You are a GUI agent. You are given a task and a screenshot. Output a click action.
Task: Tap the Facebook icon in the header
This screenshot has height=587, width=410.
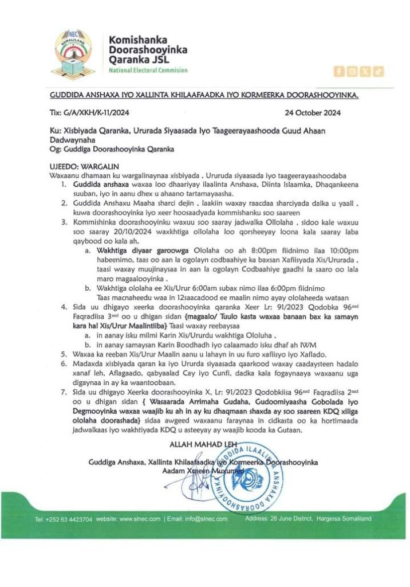pos(339,71)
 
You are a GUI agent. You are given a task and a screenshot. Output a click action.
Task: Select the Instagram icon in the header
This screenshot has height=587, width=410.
pos(352,71)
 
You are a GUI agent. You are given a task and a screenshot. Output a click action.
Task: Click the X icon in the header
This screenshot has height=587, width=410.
pos(365,71)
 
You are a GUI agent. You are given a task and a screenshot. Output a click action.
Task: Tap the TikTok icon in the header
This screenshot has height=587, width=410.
pos(379,71)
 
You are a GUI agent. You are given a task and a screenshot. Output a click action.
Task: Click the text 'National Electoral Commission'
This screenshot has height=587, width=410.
pos(148,71)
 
